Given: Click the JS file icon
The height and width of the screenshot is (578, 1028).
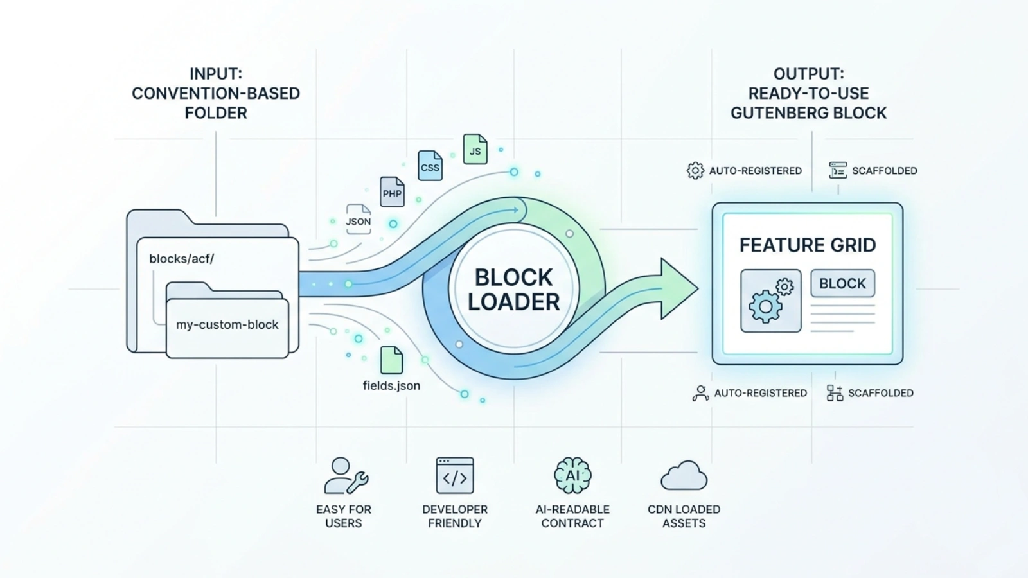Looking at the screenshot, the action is [x=475, y=149].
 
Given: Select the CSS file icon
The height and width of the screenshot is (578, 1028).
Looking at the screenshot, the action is [x=430, y=166].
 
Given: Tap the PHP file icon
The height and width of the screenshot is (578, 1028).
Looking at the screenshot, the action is [x=392, y=192].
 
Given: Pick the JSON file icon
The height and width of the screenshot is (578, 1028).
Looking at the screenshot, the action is [x=359, y=219].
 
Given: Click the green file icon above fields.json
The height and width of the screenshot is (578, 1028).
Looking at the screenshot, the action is [x=391, y=360].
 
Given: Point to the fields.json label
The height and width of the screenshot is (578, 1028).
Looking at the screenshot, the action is [x=391, y=385].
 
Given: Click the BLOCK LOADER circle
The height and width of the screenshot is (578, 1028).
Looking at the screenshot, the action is [x=513, y=289].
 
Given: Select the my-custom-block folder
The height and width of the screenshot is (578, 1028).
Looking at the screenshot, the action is [x=227, y=320].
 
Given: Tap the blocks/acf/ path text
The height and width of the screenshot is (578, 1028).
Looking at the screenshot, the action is [x=182, y=259].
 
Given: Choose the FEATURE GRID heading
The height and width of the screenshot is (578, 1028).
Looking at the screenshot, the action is [x=807, y=245].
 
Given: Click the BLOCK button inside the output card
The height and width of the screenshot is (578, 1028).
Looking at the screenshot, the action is [x=842, y=283].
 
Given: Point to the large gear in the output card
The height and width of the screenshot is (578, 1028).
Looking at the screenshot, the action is [x=765, y=306].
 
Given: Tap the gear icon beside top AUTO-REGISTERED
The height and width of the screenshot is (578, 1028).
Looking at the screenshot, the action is [x=695, y=171].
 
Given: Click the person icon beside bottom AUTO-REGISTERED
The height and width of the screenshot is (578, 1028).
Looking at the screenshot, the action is [x=700, y=393].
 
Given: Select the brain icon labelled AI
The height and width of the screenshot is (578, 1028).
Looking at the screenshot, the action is [x=572, y=475].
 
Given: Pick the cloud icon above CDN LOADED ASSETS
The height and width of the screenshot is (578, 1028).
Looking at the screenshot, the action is [x=684, y=475].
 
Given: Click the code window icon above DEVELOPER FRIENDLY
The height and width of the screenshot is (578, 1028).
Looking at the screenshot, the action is [x=455, y=475].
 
